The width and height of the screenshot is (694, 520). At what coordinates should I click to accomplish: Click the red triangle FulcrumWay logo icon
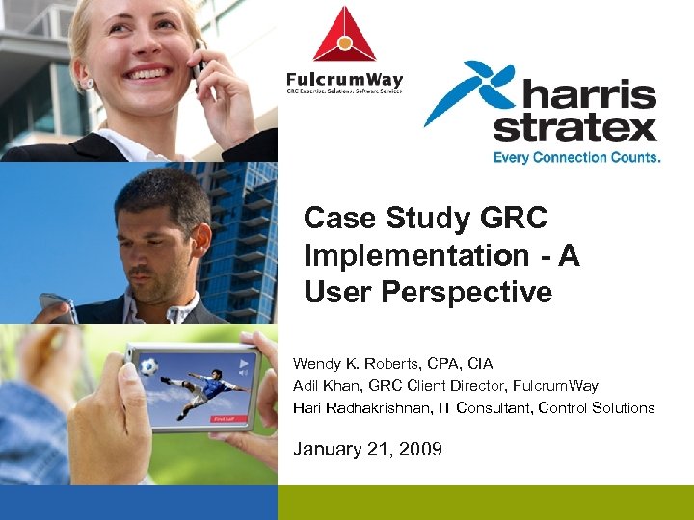point(344,36)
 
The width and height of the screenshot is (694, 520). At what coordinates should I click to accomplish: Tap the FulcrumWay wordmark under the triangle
point(344,79)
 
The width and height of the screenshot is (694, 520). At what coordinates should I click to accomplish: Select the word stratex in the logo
point(575,128)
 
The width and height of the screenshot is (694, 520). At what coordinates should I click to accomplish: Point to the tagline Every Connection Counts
point(576,156)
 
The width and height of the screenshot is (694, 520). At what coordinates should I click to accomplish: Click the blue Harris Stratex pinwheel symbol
point(462,93)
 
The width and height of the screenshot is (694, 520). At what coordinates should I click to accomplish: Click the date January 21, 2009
point(367,448)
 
